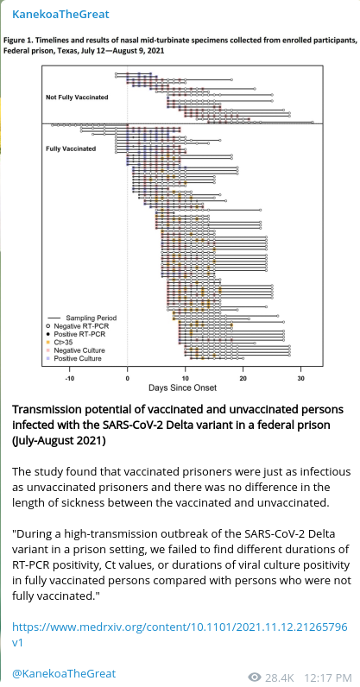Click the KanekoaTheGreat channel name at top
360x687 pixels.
60,15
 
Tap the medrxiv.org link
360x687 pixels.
180,634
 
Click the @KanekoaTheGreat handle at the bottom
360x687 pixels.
64,673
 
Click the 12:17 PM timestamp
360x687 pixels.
328,678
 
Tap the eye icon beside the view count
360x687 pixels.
255,678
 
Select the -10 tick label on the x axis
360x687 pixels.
69,378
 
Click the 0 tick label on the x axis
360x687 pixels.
127,378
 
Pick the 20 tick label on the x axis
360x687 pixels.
243,378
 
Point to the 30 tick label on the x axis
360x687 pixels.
300,378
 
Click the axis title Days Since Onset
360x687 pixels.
182,388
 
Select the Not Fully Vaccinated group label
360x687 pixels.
77,98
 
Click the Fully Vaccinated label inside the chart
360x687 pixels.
71,148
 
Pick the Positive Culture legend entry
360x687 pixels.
75,358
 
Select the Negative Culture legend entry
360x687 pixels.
77,350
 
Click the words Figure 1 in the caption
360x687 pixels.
17,40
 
